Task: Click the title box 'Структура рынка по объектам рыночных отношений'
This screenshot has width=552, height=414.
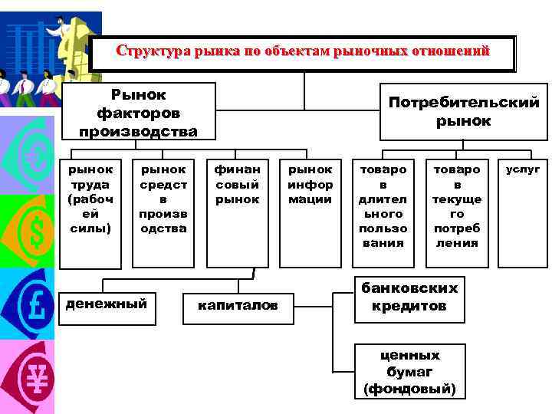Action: pos(303,53)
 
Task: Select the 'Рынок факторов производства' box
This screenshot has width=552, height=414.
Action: pos(138,112)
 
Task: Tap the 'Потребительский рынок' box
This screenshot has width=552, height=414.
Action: pos(464,112)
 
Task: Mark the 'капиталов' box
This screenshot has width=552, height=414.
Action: pos(238,306)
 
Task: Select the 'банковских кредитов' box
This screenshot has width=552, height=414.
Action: pos(409,297)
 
